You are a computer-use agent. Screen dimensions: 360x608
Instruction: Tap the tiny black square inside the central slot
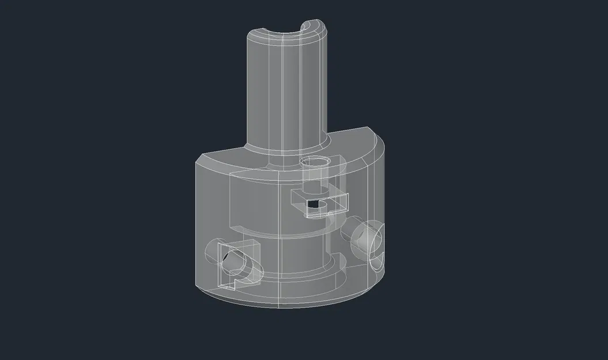click(313, 203)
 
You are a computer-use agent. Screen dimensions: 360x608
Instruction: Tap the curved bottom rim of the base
click(288, 303)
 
